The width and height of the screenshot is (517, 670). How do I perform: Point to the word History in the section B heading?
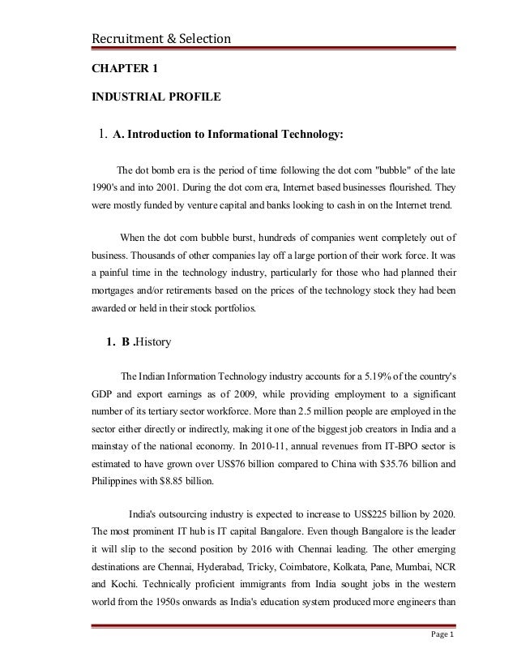coord(152,341)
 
